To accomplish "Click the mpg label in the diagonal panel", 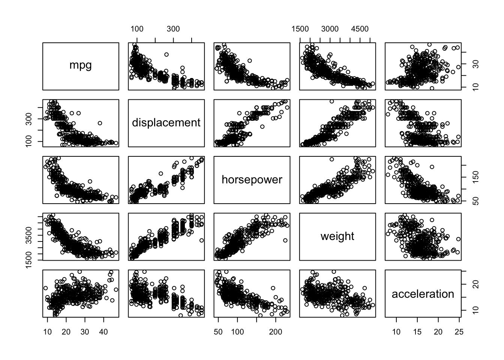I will (x=81, y=65).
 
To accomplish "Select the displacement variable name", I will (x=166, y=123).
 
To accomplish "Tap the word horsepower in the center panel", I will (x=252, y=180).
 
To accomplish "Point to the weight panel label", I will (x=337, y=236).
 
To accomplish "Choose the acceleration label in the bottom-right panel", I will (x=423, y=294).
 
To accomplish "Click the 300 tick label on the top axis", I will (x=173, y=29).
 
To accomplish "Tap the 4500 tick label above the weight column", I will (x=360, y=29).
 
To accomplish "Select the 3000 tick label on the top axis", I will (x=330, y=29).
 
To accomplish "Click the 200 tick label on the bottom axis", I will (x=276, y=332).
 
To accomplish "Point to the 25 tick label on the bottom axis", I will (x=459, y=332).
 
